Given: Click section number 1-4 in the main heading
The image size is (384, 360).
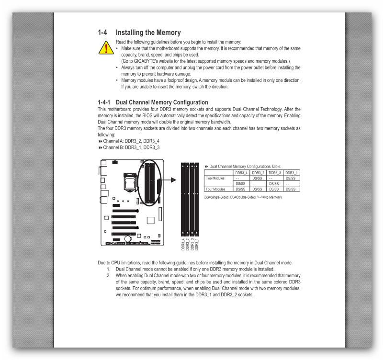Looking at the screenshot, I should pyautogui.click(x=102, y=33).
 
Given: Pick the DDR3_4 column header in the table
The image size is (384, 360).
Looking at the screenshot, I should pyautogui.click(x=241, y=172).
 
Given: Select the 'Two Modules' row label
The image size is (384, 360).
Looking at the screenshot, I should pyautogui.click(x=215, y=178).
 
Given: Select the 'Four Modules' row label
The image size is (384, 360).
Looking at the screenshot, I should pyautogui.click(x=215, y=189).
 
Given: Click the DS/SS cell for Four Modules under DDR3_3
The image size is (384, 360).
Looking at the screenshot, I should pyautogui.click(x=274, y=189).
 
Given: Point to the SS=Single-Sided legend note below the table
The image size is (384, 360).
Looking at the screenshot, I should pyautogui.click(x=242, y=197).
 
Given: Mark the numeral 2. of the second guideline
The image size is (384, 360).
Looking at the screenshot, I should pyautogui.click(x=109, y=276).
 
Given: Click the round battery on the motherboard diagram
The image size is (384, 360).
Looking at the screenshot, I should pyautogui.click(x=128, y=238).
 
